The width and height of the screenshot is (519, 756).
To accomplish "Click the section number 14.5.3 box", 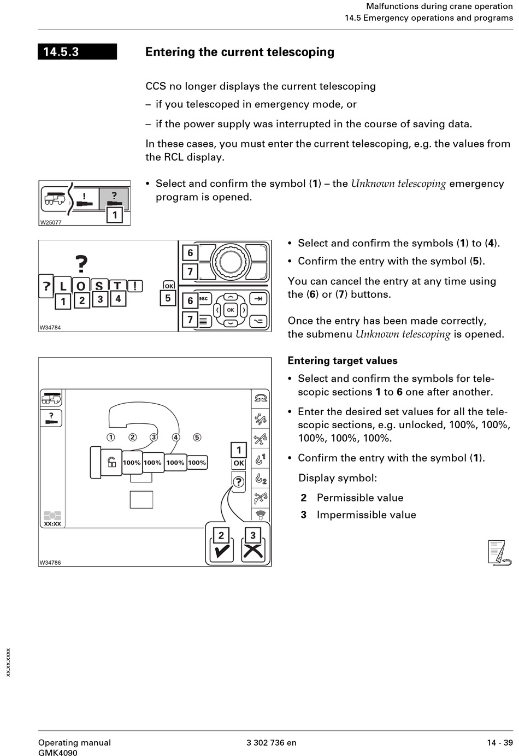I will click(77, 52).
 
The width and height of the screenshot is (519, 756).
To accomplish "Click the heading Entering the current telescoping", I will click(239, 52).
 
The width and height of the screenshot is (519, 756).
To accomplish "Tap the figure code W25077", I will click(51, 222).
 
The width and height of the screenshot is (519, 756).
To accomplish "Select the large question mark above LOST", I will click(81, 264).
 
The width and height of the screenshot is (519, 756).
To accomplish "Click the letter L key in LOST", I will click(63, 286).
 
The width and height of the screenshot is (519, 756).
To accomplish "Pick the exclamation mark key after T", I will click(134, 286).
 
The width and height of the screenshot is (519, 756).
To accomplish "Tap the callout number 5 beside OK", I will click(168, 298).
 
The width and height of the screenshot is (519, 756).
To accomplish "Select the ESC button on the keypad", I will click(204, 299).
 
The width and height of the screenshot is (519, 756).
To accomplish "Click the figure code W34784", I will click(50, 328).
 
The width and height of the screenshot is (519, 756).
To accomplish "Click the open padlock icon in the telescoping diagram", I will click(111, 462).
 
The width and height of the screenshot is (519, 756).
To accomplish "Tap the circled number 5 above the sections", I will click(197, 437).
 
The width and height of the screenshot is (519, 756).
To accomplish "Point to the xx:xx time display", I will click(52, 524).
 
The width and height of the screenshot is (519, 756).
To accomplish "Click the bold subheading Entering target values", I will click(343, 361).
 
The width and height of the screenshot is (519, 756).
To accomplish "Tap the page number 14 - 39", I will click(500, 742).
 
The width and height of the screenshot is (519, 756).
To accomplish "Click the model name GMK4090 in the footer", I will click(58, 753).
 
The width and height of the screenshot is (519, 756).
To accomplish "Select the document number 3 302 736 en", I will click(272, 742).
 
